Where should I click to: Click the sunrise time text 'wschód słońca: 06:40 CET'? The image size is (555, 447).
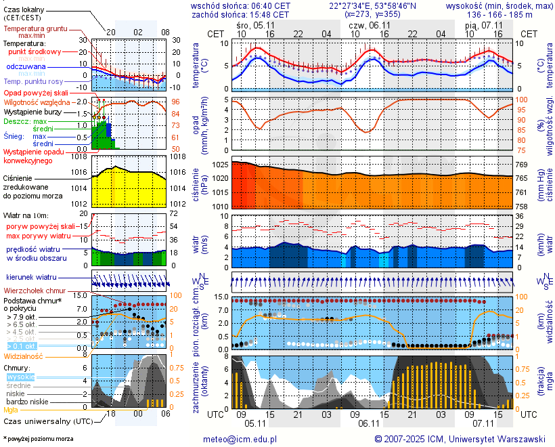240,5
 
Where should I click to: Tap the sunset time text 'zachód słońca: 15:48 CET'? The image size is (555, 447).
240,14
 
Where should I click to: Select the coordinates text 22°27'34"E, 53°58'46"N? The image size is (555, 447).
373,5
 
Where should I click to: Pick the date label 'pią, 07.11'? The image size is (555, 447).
483,24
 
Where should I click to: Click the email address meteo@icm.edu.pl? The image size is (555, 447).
240,439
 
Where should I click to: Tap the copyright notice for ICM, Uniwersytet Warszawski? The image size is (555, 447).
460,439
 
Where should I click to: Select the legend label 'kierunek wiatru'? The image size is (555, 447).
31,278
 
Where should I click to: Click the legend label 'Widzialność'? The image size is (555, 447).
24,355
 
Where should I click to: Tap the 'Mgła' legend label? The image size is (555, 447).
11,410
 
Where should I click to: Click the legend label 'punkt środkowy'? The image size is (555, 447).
35,51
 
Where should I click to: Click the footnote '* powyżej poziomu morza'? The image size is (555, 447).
37,439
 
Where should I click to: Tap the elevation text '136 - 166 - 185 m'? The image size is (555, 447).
500,14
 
